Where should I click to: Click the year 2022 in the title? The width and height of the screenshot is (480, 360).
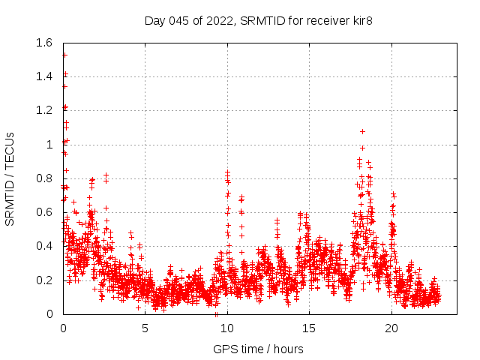pyautogui.click(x=219, y=20)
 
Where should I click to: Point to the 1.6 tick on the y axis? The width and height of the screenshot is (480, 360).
pyautogui.click(x=46, y=43)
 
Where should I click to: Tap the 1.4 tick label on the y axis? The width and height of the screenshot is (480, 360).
pyautogui.click(x=46, y=76)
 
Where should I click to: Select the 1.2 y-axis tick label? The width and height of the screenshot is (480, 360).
pyautogui.click(x=46, y=110)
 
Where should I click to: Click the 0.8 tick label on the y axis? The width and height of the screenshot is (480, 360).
pyautogui.click(x=46, y=178)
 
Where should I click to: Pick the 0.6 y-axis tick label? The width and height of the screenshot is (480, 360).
pyautogui.click(x=46, y=212)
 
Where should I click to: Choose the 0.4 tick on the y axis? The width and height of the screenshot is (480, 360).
pyautogui.click(x=46, y=246)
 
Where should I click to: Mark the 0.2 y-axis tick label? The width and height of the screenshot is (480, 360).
pyautogui.click(x=46, y=280)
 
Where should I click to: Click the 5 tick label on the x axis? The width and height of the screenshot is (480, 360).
pyautogui.click(x=145, y=328)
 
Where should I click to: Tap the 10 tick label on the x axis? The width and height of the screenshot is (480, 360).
pyautogui.click(x=227, y=328)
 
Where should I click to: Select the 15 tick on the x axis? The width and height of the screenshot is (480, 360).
pyautogui.click(x=309, y=328)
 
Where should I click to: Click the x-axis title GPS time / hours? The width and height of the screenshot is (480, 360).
pyautogui.click(x=259, y=349)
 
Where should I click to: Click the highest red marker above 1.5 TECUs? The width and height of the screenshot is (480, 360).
pyautogui.click(x=64, y=55)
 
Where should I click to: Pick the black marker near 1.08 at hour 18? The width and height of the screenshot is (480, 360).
pyautogui.click(x=362, y=131)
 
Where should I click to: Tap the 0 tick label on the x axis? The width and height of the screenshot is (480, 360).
pyautogui.click(x=63, y=328)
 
